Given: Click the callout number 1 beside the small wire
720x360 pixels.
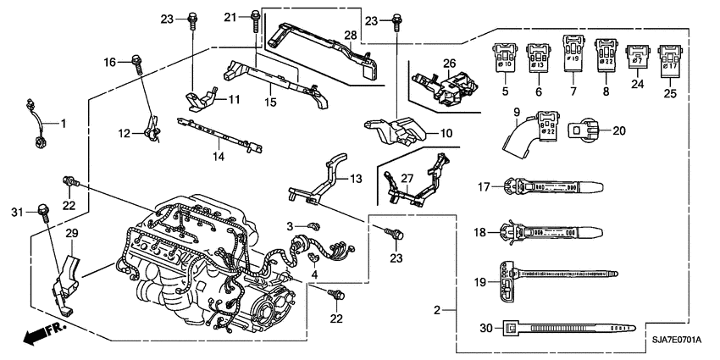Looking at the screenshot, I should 62,124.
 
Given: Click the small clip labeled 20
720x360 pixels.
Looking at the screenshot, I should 584,130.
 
